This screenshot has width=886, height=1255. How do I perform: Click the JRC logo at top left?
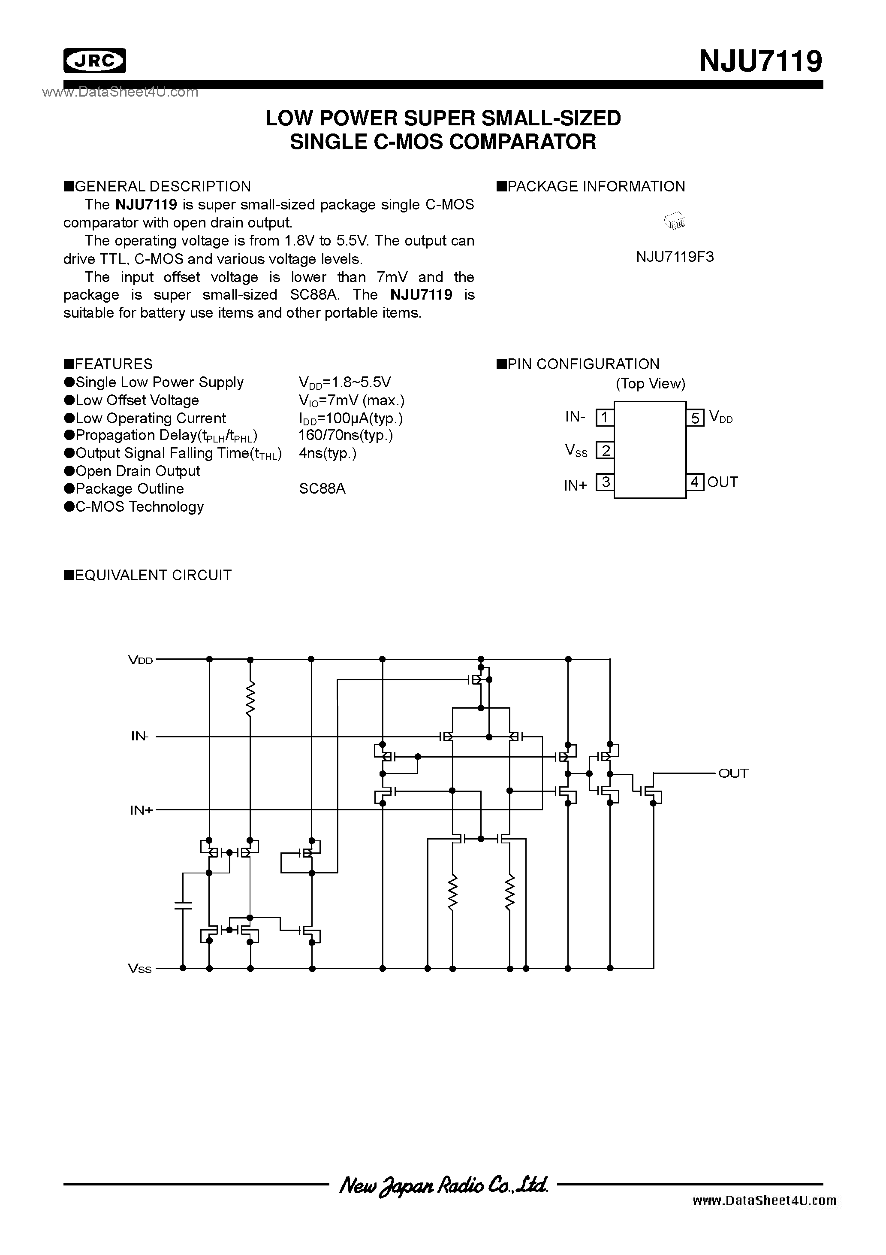coord(94,61)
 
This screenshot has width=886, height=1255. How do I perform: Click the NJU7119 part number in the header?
coord(760,61)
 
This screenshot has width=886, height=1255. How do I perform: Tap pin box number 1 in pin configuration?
coord(605,418)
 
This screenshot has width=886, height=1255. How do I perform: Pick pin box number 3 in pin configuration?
coord(605,483)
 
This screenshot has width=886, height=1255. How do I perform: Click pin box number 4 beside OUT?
coord(695,482)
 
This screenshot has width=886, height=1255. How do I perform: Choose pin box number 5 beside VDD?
coord(695,418)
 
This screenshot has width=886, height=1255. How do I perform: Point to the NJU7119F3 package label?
coord(675,257)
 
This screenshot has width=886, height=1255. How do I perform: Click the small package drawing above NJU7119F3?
coord(675,221)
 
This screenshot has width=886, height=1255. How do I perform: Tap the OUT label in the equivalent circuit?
coord(733,773)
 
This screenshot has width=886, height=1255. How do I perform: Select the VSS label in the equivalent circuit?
coord(140,969)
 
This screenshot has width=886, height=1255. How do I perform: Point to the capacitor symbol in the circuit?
coord(183,905)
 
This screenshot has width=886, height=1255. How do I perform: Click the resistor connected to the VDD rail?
coord(250,698)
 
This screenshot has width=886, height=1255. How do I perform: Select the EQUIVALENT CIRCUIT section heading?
coord(148,575)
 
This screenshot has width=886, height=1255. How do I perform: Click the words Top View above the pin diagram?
coord(650,384)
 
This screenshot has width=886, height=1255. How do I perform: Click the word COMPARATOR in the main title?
coord(522,142)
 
